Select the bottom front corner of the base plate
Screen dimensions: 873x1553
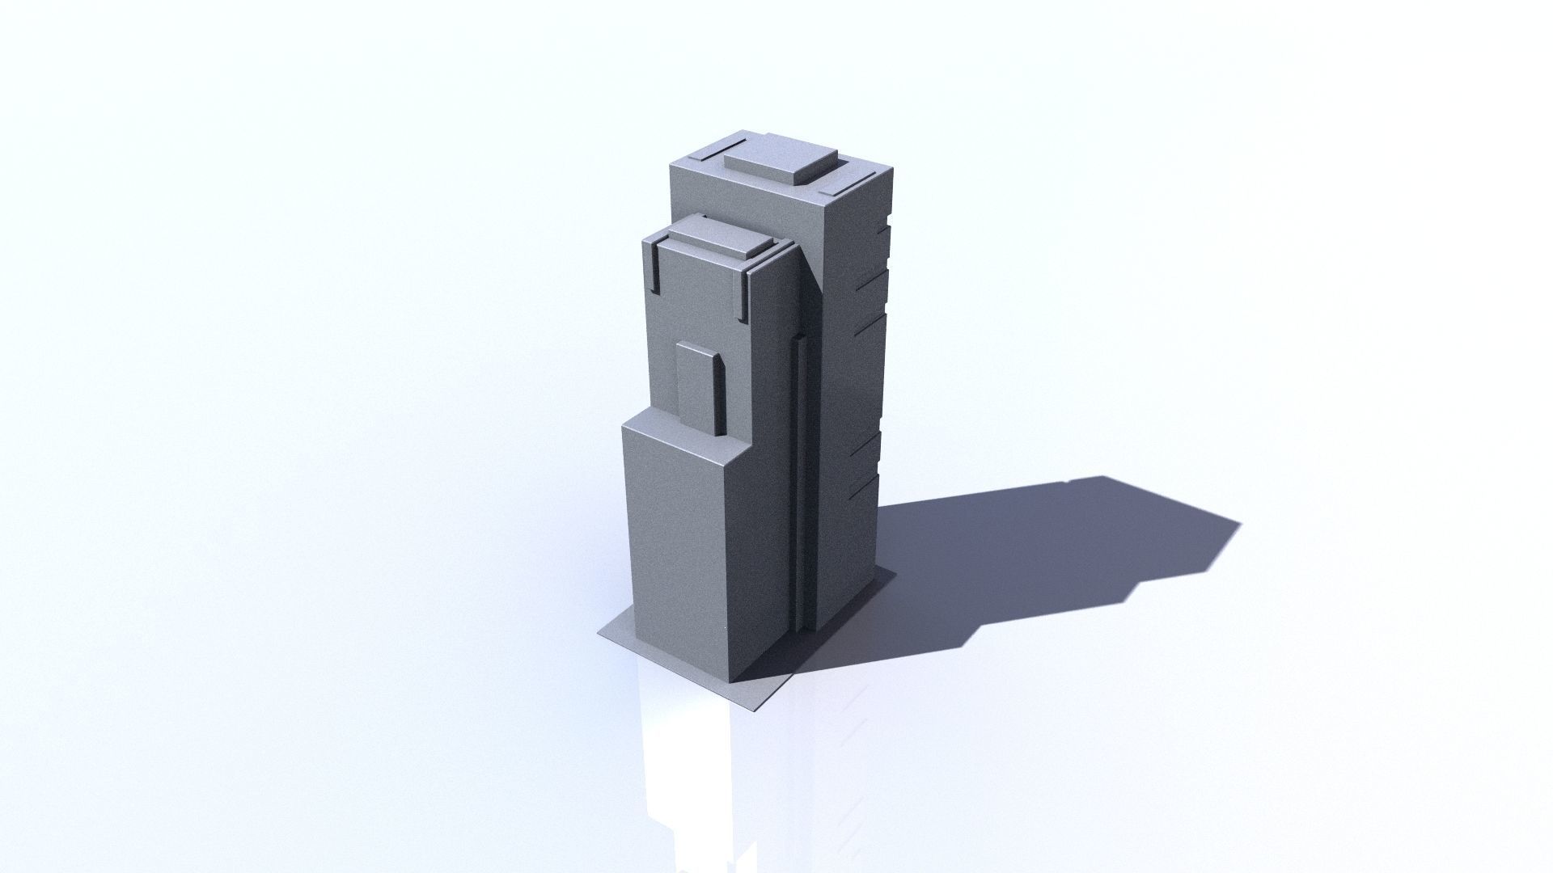click(753, 710)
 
